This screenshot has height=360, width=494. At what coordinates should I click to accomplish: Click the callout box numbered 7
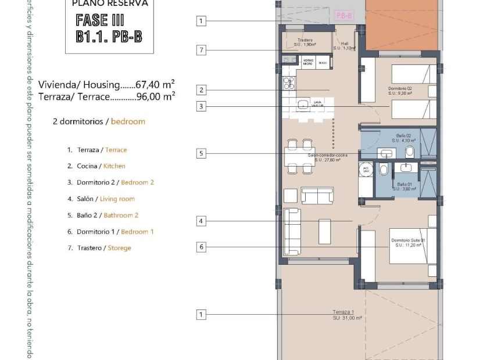[201, 50]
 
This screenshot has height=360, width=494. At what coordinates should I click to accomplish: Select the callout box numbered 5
[201, 153]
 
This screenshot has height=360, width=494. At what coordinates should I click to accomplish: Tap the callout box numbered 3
[201, 106]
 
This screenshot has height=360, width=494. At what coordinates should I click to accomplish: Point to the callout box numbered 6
[201, 247]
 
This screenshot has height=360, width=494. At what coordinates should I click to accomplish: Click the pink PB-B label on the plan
[344, 16]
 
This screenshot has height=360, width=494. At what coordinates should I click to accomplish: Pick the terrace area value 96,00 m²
[155, 97]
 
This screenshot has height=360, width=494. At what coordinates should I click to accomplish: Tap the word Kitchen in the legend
[114, 166]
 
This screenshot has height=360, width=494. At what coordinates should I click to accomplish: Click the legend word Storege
[119, 248]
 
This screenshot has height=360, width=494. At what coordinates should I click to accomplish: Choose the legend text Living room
[117, 199]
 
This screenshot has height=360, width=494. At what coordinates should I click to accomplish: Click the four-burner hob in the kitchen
[288, 83]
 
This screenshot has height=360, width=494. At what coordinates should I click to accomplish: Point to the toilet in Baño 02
[410, 152]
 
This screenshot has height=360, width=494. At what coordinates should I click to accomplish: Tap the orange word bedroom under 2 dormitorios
[128, 122]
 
